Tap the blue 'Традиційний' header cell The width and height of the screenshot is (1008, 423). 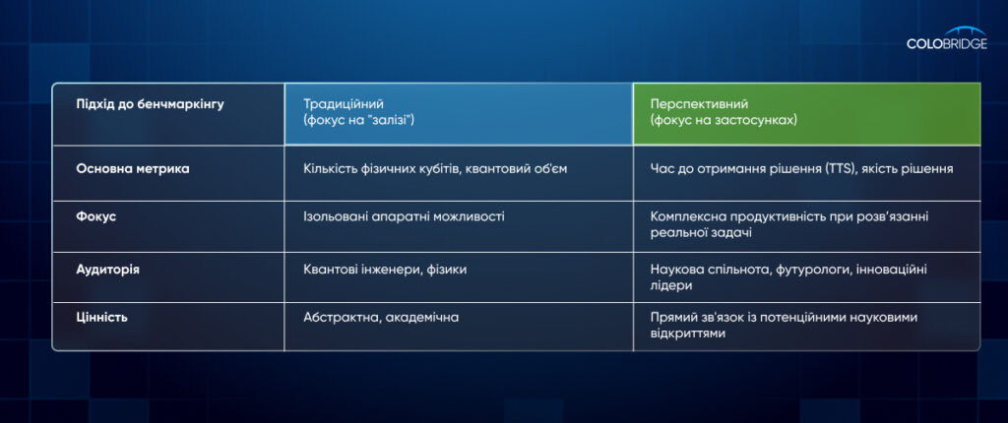click(x=459, y=114)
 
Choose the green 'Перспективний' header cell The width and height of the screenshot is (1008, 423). click(x=807, y=114)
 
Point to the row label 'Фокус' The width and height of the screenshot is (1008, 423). click(x=95, y=216)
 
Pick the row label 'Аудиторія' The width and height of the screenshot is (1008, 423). click(x=107, y=270)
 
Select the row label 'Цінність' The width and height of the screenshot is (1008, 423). click(x=101, y=317)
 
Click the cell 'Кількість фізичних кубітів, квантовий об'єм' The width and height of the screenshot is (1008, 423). click(x=435, y=169)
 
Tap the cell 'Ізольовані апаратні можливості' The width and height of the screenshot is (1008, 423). click(x=404, y=216)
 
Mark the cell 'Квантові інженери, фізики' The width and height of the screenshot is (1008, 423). click(x=385, y=270)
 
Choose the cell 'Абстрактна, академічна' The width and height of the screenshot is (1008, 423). click(x=381, y=318)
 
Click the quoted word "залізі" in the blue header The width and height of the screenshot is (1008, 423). click(x=389, y=120)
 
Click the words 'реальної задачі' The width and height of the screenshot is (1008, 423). click(x=701, y=233)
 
